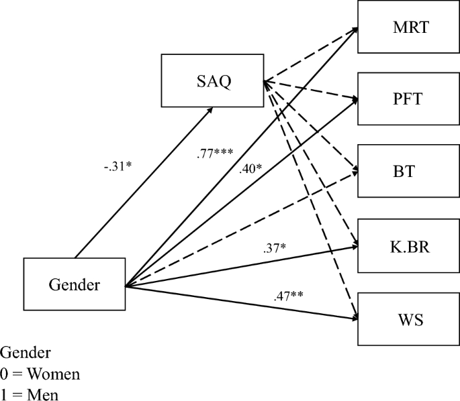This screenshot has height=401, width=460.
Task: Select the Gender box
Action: pos(75,285)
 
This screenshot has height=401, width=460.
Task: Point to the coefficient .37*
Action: pos(275,249)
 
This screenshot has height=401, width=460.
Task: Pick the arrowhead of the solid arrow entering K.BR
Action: pos(354,246)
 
